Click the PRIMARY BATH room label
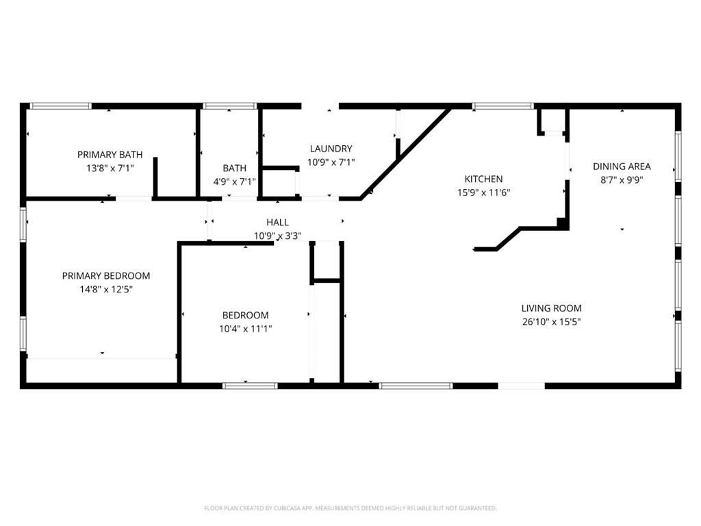[110, 155]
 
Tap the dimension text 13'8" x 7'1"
[110, 168]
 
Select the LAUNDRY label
[331, 149]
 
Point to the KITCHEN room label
[483, 179]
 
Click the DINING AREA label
[622, 166]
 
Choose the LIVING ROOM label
[551, 308]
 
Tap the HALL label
[277, 223]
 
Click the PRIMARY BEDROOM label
[106, 275]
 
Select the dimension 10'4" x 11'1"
[246, 329]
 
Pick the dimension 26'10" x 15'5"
[551, 322]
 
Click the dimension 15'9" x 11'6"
[483, 192]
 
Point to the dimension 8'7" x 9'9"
[622, 180]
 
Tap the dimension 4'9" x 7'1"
[234, 181]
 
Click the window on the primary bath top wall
[60, 106]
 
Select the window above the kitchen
[503, 106]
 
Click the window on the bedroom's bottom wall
[250, 386]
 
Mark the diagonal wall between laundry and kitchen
[405, 153]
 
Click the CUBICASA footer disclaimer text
[350, 508]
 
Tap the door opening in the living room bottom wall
[521, 386]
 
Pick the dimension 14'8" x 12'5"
[106, 289]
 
